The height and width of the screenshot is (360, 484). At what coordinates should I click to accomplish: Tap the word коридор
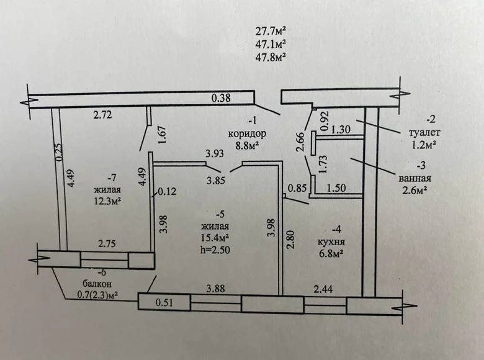point(246,133)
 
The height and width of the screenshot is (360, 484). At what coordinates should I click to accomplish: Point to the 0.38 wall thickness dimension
point(221,98)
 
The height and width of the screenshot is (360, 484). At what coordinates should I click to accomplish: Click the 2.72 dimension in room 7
point(103,115)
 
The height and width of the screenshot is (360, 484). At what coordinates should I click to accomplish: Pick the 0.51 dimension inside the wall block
point(164,304)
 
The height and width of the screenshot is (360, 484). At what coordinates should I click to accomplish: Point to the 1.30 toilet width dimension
point(342,130)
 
